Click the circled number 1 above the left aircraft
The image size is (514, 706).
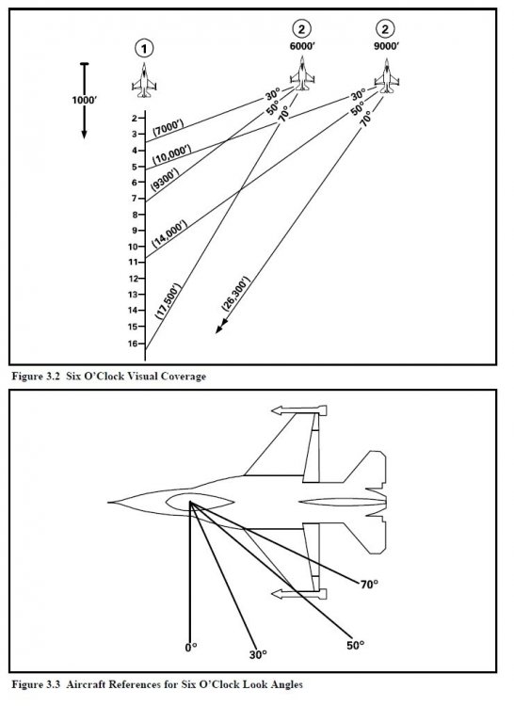coord(144,47)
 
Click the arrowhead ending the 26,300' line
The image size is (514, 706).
coord(219,329)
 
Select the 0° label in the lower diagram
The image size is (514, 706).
coord(191,649)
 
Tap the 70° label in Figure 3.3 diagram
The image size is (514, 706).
coord(369,585)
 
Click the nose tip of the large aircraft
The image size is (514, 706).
coord(108,502)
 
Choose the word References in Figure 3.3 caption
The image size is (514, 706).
coord(119,682)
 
